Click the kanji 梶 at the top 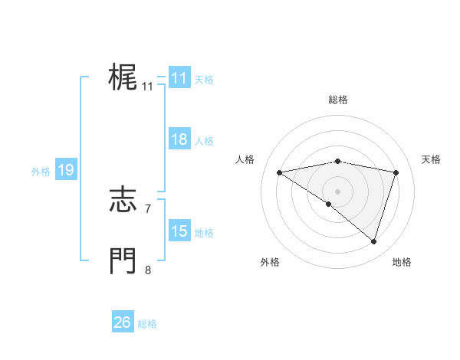123,77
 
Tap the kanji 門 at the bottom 123,260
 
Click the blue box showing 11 179,78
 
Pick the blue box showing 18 179,139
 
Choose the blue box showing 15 179,231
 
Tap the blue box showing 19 65,170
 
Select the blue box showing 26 122,322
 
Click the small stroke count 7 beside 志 148,208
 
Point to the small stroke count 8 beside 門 148,270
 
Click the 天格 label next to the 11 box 204,80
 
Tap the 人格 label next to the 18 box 204,141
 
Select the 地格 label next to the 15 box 204,233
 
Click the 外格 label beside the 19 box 41,172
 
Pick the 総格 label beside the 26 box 147,324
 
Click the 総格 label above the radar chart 337,100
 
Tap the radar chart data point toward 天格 396,172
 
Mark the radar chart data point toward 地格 373,241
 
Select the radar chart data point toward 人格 279,172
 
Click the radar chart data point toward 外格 329,204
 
